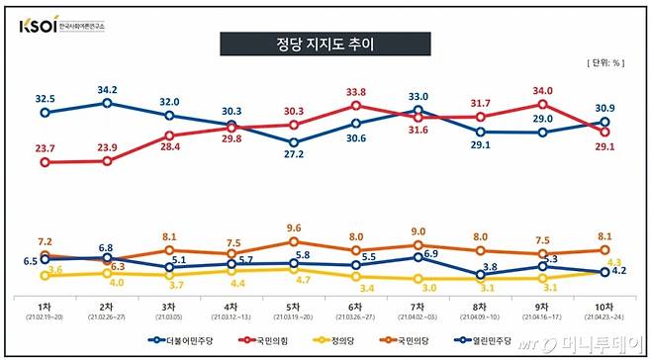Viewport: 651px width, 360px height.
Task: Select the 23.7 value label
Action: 45,147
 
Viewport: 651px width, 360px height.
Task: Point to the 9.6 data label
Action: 294,228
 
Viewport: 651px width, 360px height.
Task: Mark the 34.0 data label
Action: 542,90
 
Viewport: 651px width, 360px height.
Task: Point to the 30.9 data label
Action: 604,107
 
